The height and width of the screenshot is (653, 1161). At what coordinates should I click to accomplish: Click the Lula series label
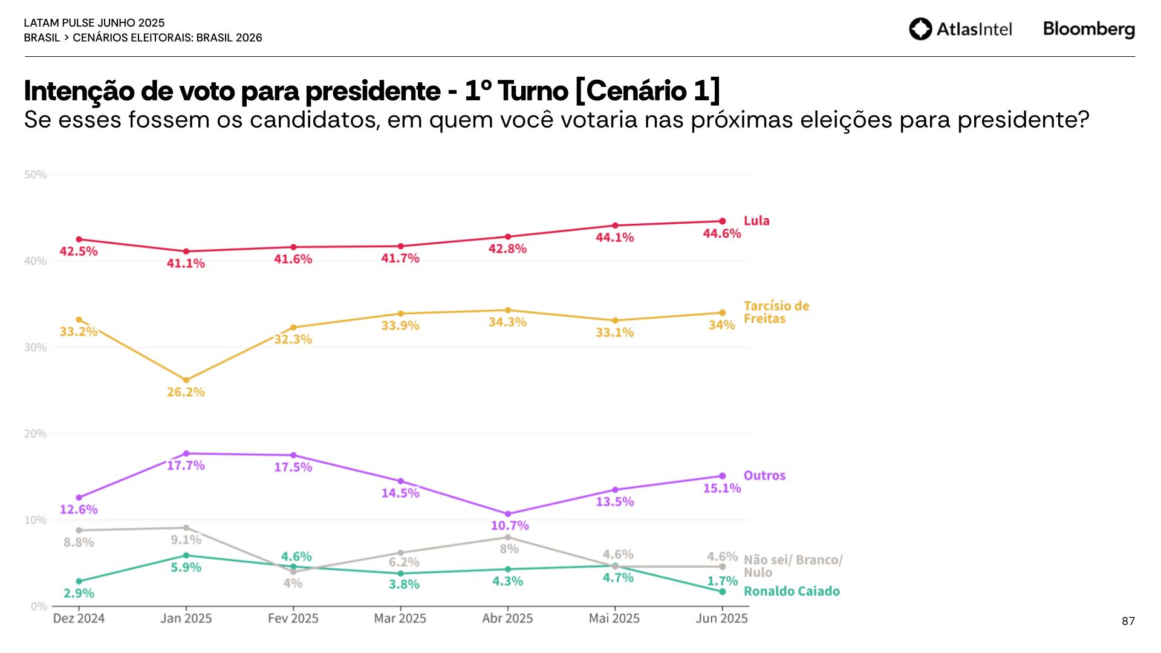coord(756,221)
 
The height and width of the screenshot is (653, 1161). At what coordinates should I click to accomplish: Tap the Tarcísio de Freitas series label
coord(776,312)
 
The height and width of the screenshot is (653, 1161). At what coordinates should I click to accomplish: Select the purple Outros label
coord(764,475)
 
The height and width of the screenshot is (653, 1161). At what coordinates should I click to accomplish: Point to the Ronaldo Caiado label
coord(792,591)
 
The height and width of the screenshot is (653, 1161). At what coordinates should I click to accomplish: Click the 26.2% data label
coord(186,392)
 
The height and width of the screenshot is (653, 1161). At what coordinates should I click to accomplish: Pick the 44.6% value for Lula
coord(721,233)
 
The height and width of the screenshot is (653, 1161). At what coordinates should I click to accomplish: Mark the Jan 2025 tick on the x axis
coord(186,619)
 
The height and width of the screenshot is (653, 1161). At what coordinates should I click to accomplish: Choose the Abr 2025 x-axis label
coord(507,619)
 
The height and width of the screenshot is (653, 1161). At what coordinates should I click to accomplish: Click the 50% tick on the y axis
coord(35,175)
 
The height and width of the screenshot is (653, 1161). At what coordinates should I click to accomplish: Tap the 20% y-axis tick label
coord(35,434)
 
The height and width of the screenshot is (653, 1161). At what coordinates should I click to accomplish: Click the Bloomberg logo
coord(1088,29)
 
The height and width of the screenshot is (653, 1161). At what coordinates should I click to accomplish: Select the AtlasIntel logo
coord(960,29)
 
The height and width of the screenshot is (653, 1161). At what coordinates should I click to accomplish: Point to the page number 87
coord(1128,621)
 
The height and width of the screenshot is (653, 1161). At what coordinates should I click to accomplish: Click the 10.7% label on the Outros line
coord(509,525)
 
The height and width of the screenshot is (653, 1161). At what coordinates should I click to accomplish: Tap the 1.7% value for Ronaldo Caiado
coord(723,581)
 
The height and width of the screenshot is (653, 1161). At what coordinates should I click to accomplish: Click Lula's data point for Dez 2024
coord(79,239)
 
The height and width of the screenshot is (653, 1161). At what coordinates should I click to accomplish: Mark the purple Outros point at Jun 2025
coord(722,476)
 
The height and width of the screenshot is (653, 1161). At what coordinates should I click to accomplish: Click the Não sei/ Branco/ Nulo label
coord(792,566)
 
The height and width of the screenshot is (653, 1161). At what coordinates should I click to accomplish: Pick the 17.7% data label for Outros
coord(186,466)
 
